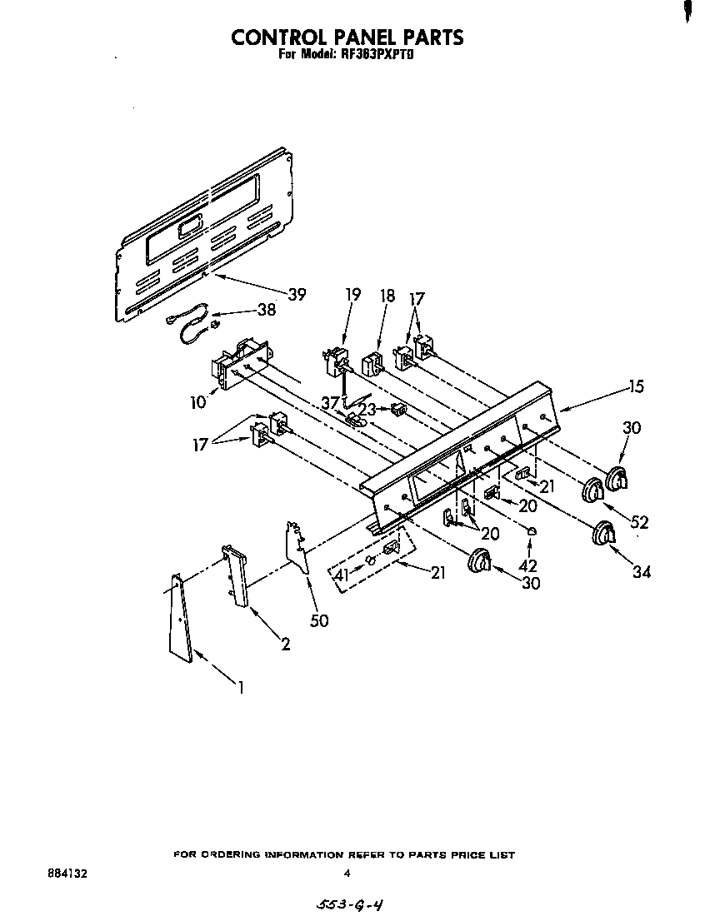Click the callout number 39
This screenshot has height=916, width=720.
coord(297,294)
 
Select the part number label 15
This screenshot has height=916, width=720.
coord(636,386)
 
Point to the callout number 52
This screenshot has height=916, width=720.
coord(639,522)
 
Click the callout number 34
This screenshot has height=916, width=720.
coord(641,571)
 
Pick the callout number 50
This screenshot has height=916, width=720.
coord(318,621)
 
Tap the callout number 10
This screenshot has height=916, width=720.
coord(197,403)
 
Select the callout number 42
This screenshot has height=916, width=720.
coord(528,565)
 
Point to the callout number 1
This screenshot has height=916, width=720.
coord(241,688)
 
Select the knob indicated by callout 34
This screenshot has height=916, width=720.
coord(602,534)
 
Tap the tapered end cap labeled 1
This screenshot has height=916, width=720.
coord(181,619)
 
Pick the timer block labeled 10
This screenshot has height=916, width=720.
coord(240,362)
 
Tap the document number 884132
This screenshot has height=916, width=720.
coord(67,874)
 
